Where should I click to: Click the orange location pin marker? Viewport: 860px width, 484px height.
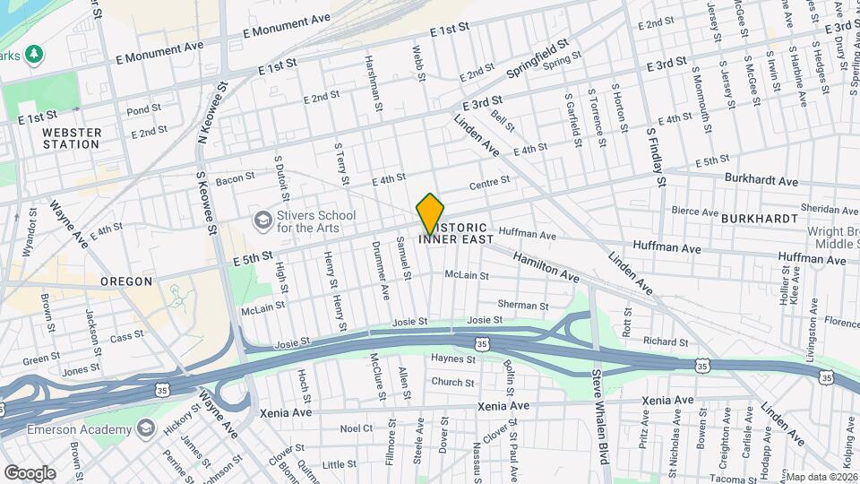tap(431, 214)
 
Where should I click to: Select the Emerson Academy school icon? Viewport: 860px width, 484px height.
tap(144, 428)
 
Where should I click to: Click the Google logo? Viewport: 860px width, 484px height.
tap(30, 472)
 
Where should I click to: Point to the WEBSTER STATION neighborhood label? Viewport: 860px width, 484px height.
tap(71, 138)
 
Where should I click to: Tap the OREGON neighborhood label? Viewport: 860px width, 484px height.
tap(126, 281)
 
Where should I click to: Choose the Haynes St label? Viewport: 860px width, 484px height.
tap(452, 359)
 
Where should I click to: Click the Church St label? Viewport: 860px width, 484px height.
tap(451, 382)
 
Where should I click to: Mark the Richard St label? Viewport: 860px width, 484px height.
tap(665, 341)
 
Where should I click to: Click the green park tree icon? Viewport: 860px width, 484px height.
tap(35, 55)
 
